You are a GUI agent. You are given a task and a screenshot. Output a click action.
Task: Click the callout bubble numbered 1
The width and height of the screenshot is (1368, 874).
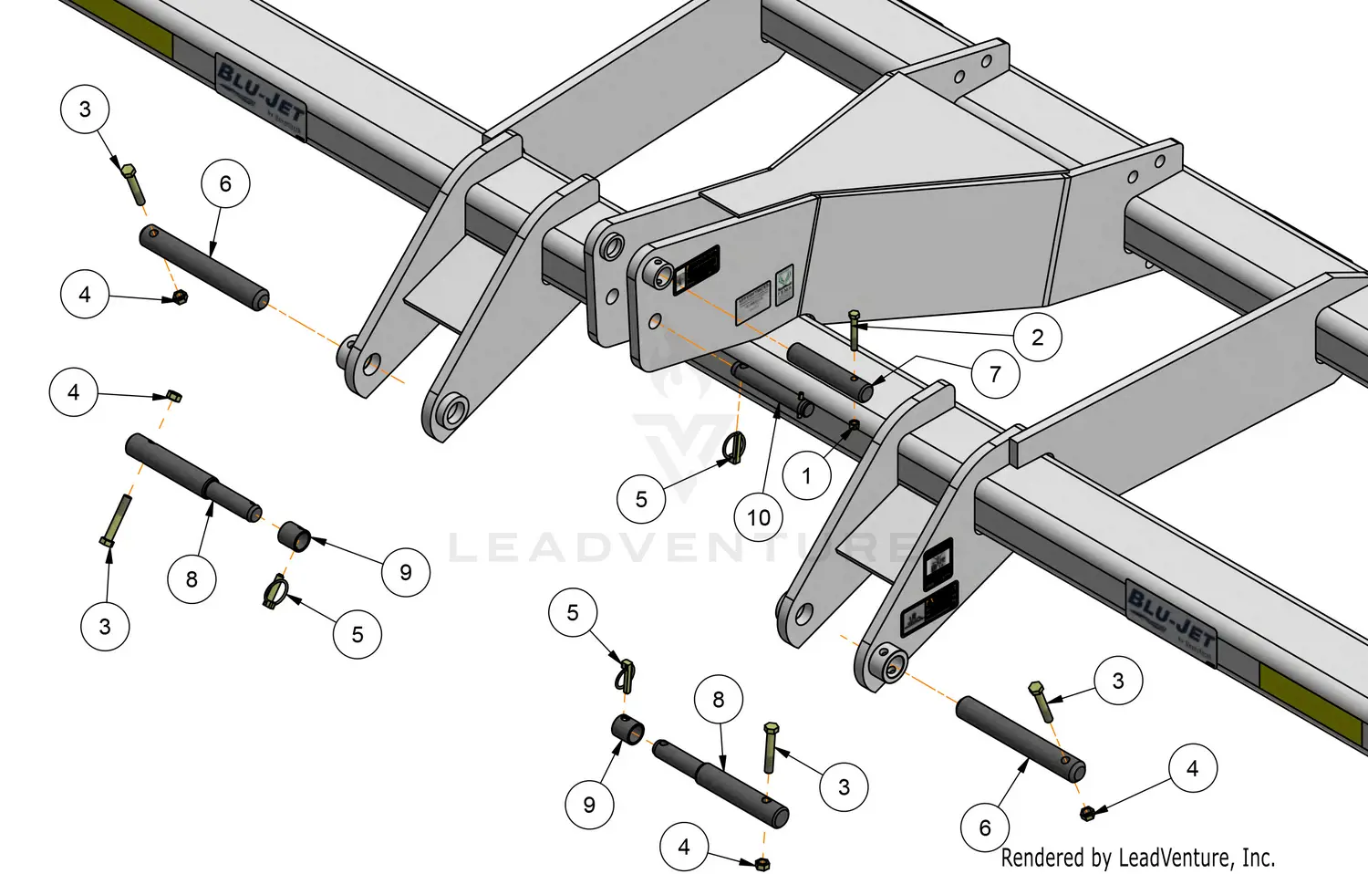point(806,475)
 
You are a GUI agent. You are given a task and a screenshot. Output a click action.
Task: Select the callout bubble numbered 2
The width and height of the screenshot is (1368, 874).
point(1037,338)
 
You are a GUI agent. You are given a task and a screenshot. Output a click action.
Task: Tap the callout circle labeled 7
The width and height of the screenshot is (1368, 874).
point(995,373)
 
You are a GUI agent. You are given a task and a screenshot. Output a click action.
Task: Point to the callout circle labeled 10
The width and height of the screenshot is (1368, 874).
point(759,517)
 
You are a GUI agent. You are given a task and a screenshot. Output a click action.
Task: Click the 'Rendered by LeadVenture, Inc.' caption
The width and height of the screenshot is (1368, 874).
point(1137,858)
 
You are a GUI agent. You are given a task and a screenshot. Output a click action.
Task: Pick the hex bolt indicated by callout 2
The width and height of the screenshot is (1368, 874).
point(854,329)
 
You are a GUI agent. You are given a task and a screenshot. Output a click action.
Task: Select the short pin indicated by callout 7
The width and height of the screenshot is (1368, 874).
point(830,370)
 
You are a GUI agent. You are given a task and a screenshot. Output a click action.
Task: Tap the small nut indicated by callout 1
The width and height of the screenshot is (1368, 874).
point(854,425)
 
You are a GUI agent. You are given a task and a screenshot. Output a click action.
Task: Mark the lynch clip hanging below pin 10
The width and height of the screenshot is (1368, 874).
point(737,448)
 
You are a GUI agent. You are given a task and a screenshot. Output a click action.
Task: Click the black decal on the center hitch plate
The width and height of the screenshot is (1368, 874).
point(697,270)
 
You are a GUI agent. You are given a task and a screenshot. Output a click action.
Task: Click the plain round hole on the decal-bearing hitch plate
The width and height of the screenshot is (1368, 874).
point(655,322)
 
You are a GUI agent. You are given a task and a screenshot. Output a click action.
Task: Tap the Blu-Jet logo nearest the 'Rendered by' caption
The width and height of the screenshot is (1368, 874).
point(1171,619)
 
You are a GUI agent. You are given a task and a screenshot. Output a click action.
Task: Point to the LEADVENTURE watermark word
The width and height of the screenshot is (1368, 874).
point(679,548)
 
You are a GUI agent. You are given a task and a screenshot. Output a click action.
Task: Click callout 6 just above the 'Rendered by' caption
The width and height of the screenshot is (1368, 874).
point(985,827)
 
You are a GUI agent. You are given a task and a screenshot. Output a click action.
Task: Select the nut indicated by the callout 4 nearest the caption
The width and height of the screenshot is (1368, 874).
point(1087,812)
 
